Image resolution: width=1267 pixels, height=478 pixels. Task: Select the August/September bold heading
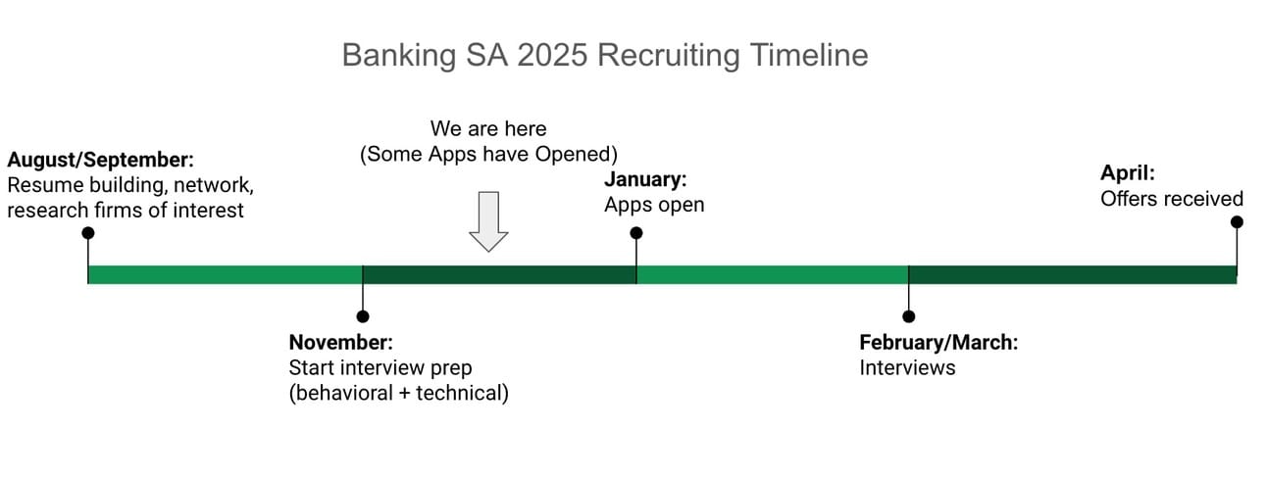coord(101,159)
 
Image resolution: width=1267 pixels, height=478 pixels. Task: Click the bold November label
coord(340,343)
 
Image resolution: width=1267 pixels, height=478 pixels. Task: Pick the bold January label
coord(644,179)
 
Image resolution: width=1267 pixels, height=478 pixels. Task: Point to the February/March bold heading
coord(938,343)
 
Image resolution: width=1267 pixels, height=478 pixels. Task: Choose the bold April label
coord(1128,173)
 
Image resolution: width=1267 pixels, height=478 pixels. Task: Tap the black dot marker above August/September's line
coord(88,233)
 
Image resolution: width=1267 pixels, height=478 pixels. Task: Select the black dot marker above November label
coord(363,316)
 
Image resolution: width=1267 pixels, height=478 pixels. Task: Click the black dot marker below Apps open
coord(636,233)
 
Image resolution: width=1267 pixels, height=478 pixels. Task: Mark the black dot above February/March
coord(909,316)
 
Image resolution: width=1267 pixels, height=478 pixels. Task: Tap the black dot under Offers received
coord(1237,222)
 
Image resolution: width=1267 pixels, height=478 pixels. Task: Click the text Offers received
coord(1171,199)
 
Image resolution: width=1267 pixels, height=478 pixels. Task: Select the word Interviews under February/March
coord(907,368)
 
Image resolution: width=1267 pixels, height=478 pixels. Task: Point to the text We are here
coord(488,129)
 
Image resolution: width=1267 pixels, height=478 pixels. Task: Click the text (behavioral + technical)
coord(398,394)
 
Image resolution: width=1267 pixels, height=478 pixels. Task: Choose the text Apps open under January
coord(654,205)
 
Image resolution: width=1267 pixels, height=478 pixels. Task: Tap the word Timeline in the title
coord(809,56)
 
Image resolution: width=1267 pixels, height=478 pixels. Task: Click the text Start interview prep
coord(380,368)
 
